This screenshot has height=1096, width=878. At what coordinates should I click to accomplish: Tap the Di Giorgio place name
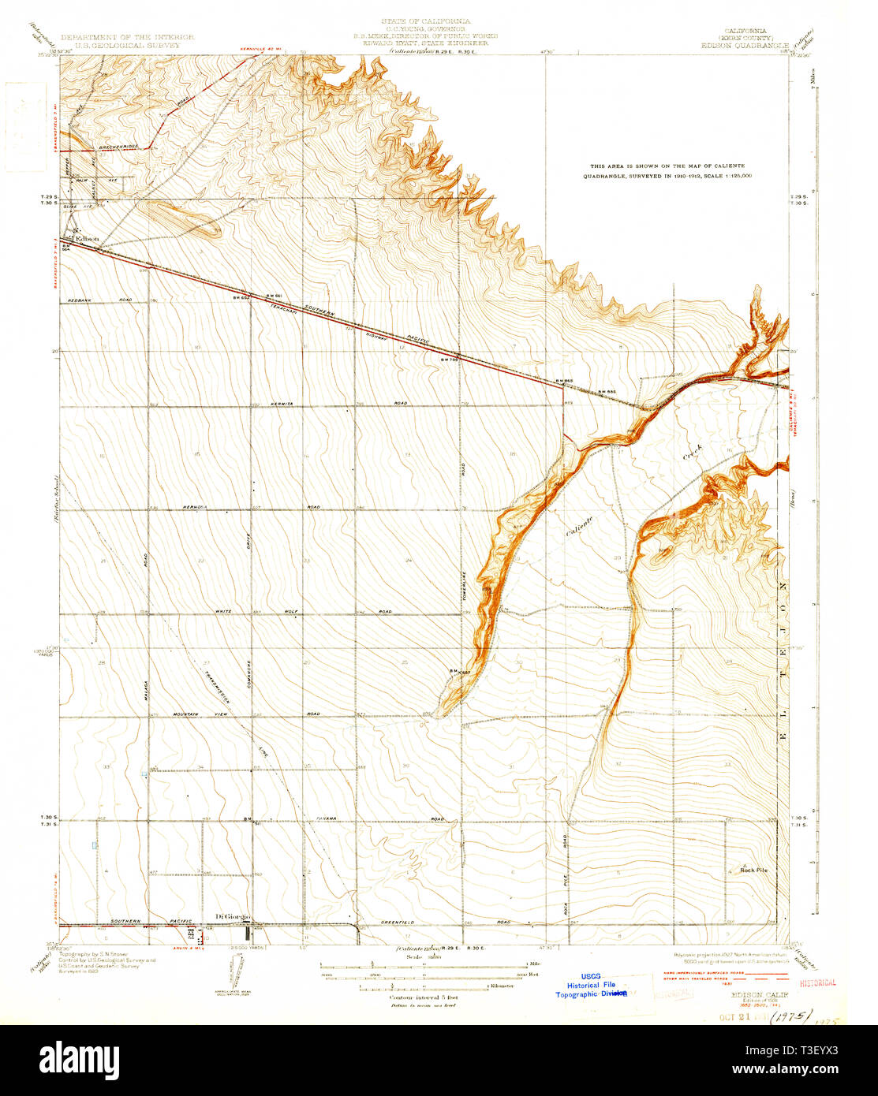233,915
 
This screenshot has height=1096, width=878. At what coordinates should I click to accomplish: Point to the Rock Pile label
753,870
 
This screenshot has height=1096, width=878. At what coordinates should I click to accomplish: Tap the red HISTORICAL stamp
817,983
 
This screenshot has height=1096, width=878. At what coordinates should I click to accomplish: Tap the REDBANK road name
80,300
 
